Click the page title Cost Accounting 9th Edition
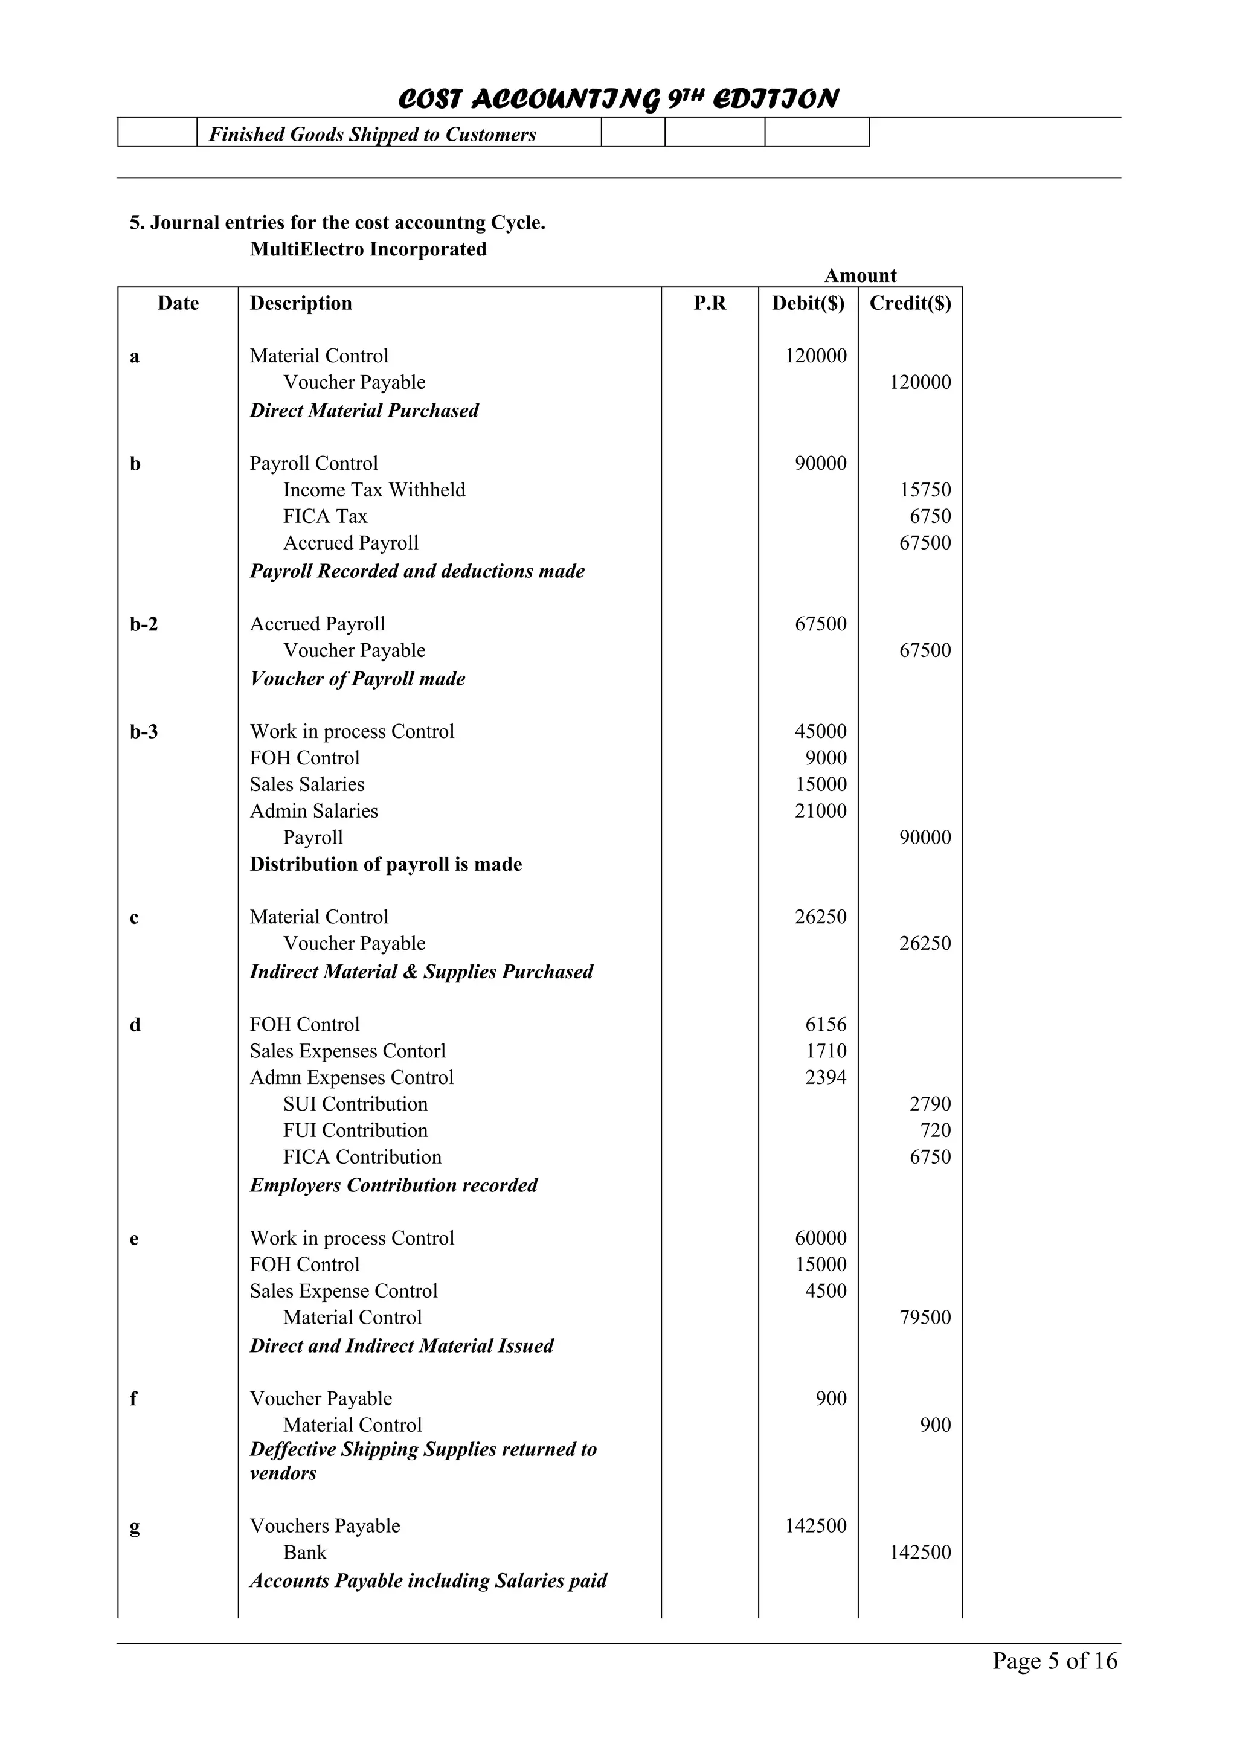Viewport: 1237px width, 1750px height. coord(618,99)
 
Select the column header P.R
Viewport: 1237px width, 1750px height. coord(710,303)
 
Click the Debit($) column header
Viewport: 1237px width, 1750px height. coord(808,303)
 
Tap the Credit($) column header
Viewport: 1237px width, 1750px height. coord(910,303)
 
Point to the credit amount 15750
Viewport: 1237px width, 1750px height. coord(925,490)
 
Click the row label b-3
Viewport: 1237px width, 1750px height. coord(144,732)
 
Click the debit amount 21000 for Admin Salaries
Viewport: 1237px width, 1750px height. coord(820,811)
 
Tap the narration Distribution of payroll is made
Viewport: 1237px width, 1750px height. coord(386,864)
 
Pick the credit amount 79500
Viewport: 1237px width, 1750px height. coord(925,1318)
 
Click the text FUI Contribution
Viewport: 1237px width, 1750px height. coord(355,1130)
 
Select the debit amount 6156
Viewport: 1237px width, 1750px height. coord(826,1024)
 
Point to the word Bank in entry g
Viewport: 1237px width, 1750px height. coord(305,1553)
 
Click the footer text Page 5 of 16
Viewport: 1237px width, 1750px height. coord(1054,1660)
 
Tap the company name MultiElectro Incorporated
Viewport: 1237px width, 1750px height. coord(368,249)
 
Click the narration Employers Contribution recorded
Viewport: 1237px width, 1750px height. coord(393,1185)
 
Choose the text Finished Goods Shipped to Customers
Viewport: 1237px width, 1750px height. coord(372,135)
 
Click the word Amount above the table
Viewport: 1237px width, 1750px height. coord(859,276)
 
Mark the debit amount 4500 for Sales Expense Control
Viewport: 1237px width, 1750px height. coord(826,1291)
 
